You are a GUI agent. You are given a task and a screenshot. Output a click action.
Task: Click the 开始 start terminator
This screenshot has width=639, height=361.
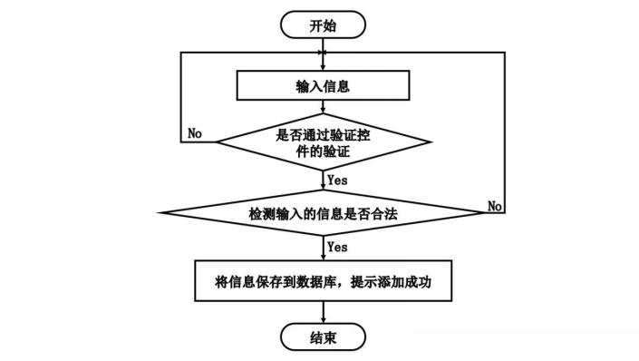[323, 24]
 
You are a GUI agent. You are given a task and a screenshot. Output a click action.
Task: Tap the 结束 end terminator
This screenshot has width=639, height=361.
[323, 337]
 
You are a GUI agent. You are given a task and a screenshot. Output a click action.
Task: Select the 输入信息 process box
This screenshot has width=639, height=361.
[323, 85]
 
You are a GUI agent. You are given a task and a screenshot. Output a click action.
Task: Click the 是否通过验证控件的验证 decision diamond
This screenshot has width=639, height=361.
[324, 142]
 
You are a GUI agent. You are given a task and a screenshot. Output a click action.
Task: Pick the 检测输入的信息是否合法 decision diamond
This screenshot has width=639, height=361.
[324, 212]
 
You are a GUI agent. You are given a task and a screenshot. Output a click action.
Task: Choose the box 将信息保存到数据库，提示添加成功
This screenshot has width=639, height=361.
[324, 280]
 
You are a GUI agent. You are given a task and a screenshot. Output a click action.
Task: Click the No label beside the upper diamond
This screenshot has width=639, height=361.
[195, 133]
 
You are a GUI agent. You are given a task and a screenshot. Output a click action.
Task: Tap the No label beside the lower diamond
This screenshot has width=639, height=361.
[494, 206]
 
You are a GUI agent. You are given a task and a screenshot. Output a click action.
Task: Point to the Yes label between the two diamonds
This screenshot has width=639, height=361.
[337, 180]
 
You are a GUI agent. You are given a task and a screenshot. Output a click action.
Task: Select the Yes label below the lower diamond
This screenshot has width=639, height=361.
[337, 247]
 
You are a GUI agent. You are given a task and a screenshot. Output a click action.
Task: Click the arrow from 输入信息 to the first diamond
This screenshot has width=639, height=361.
[324, 107]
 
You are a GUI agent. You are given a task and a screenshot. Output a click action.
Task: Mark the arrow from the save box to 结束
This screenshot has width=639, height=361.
[324, 312]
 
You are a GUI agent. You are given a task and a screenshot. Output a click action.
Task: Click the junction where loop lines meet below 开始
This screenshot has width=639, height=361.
[324, 53]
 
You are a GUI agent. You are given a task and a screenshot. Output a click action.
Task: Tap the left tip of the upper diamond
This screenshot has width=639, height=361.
[217, 142]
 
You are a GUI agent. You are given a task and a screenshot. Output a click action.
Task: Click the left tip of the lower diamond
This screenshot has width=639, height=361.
[159, 212]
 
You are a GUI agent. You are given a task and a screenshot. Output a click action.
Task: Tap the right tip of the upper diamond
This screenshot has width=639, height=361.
[431, 142]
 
